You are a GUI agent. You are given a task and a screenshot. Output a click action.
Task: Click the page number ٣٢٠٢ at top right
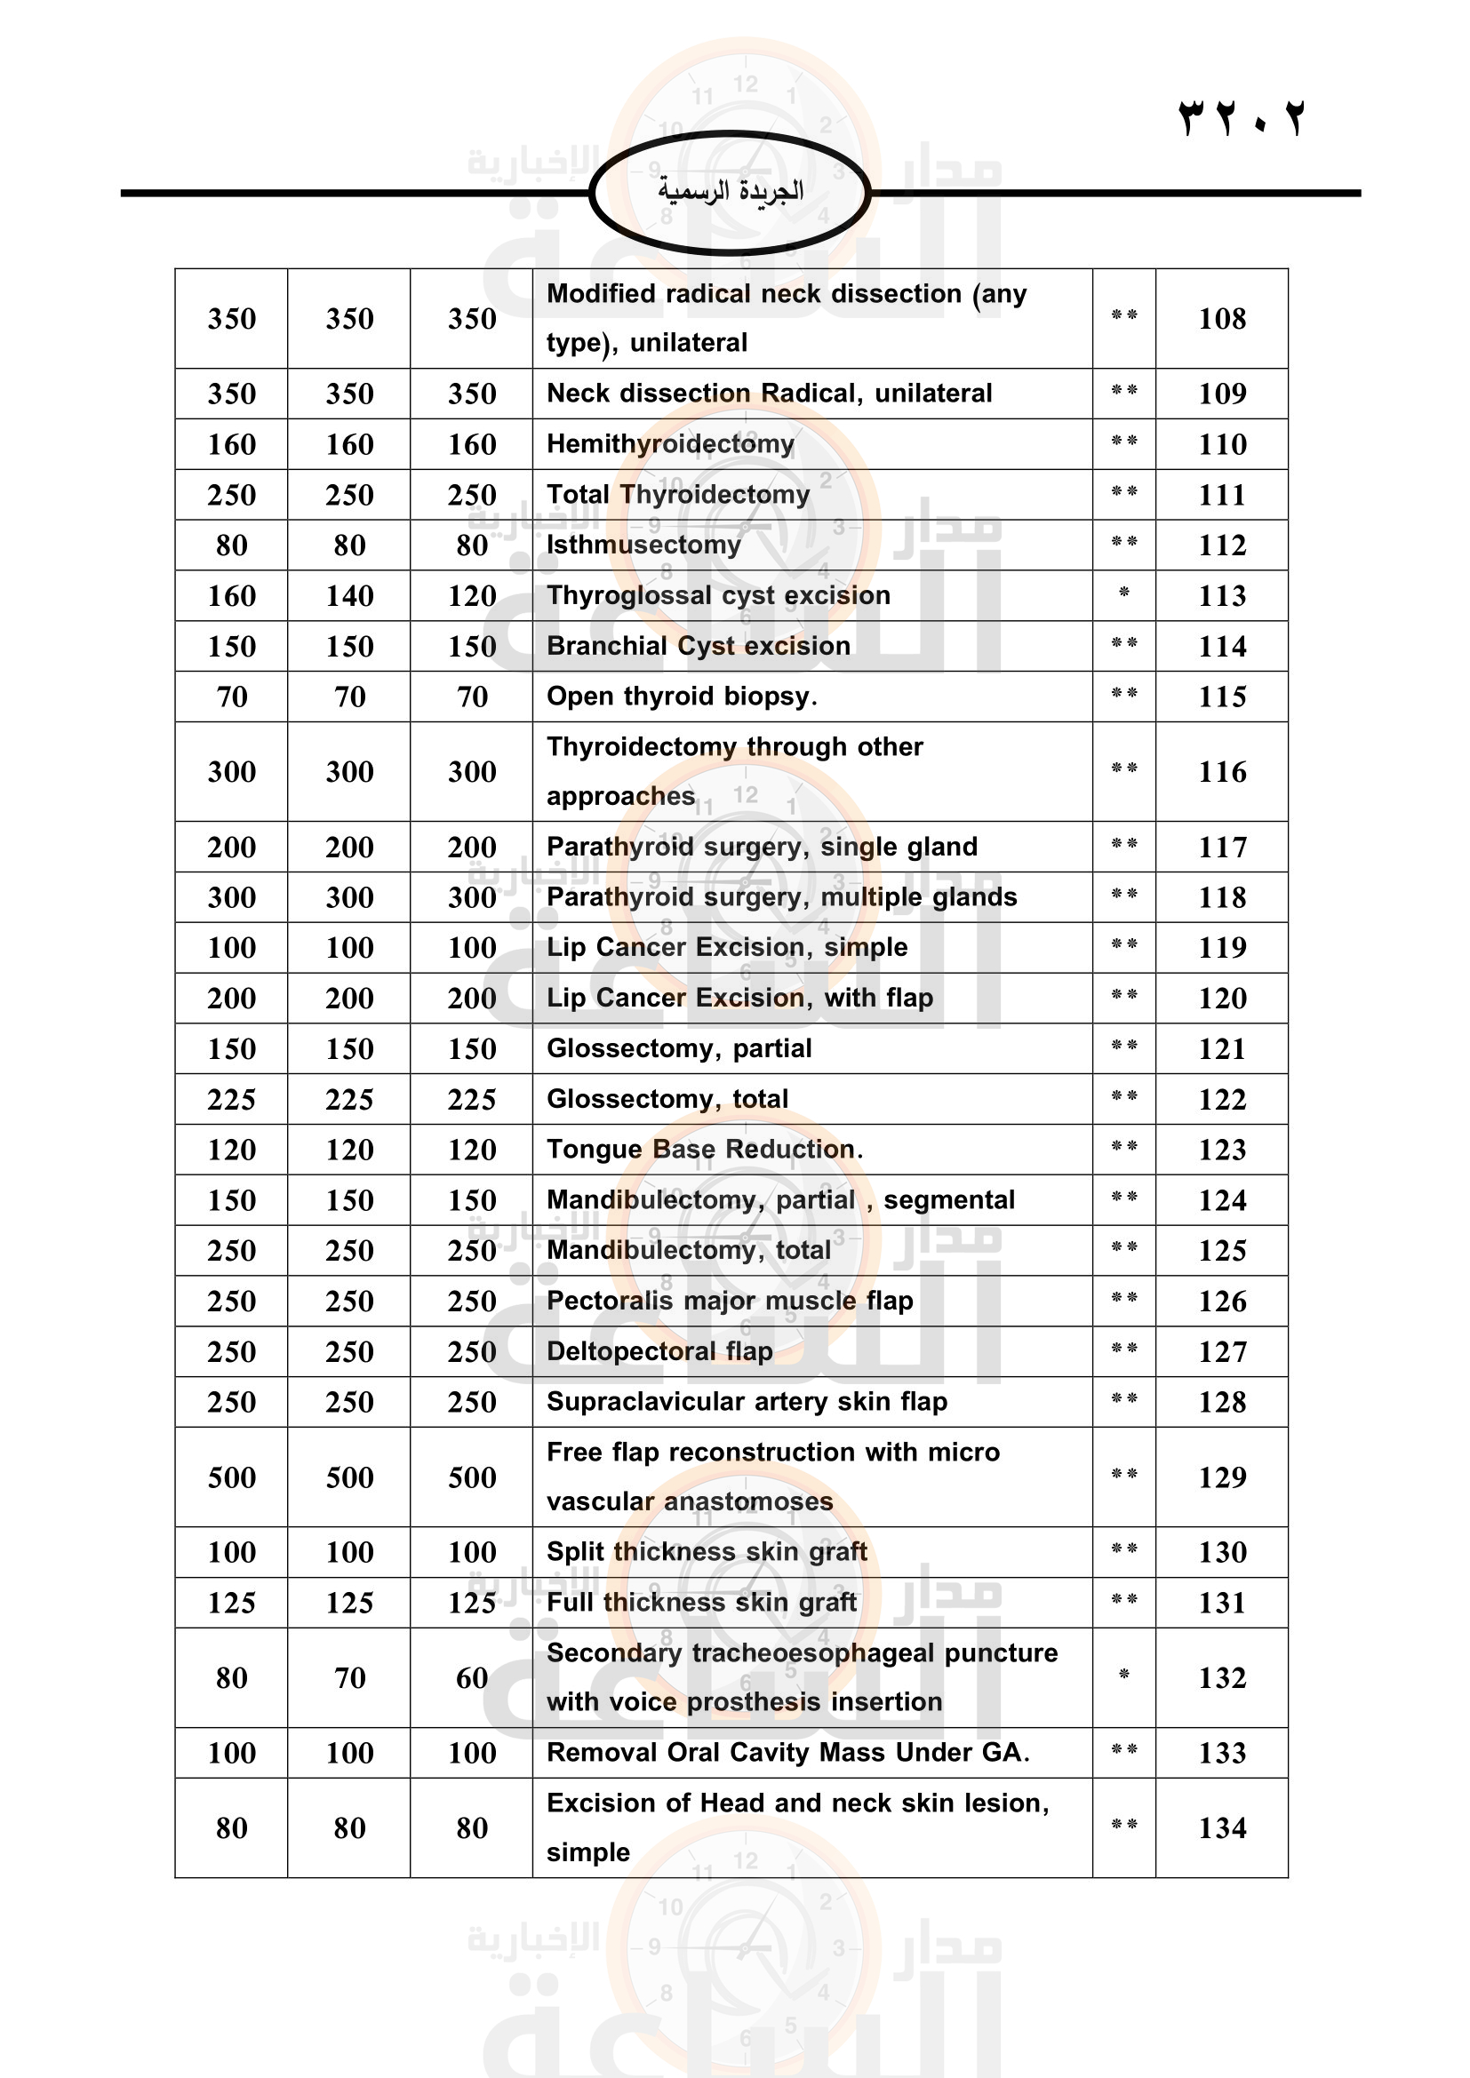click(1241, 118)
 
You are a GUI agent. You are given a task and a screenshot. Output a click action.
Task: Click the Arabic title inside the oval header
click(730, 191)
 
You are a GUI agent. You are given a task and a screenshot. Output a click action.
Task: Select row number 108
click(1221, 319)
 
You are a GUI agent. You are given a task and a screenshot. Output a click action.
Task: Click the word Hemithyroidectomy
click(670, 443)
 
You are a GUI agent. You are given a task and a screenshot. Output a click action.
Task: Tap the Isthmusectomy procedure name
click(643, 545)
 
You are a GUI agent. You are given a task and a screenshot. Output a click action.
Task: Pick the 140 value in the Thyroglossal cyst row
click(349, 595)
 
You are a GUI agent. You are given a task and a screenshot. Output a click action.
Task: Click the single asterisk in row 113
click(1123, 593)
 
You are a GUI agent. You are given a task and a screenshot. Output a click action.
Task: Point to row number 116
click(1221, 772)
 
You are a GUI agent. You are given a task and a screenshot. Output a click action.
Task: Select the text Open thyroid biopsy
click(682, 696)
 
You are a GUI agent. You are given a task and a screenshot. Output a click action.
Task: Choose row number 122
click(1221, 1100)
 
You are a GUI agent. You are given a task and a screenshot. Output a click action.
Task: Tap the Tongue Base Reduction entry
click(704, 1150)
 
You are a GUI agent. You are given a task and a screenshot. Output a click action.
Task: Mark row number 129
click(1221, 1477)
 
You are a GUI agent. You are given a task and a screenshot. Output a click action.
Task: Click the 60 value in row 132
click(472, 1678)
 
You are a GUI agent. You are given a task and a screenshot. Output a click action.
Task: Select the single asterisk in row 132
click(1123, 1675)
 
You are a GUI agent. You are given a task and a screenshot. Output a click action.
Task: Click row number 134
click(1221, 1828)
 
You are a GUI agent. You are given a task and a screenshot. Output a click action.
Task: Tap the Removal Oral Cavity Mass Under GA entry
click(787, 1752)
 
